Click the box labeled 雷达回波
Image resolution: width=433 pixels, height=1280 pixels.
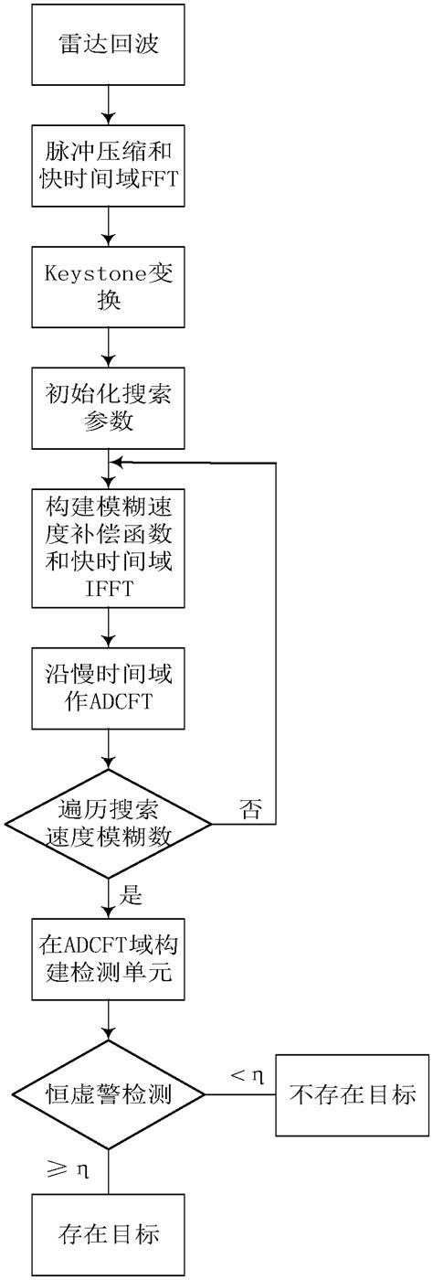tap(108, 43)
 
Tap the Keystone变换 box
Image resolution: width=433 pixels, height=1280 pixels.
tap(108, 289)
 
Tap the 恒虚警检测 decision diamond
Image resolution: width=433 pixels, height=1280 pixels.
tap(108, 1093)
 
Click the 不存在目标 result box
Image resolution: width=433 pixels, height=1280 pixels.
tap(352, 1093)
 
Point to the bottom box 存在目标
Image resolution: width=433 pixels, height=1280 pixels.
tap(108, 1235)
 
